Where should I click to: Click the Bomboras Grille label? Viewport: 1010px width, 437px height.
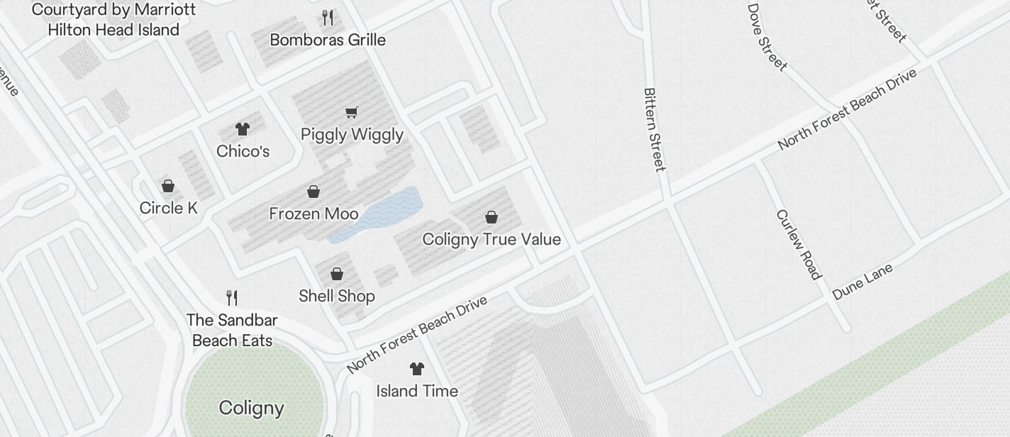click(328, 40)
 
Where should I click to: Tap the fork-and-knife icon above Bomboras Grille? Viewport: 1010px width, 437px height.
click(328, 18)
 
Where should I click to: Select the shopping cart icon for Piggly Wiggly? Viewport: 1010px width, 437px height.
click(351, 112)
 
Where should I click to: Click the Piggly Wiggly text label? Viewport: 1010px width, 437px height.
click(352, 134)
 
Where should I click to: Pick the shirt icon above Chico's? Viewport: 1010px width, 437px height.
click(243, 129)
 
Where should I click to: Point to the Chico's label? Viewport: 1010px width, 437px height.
click(243, 151)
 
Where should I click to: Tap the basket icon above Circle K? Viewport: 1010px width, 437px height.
click(168, 186)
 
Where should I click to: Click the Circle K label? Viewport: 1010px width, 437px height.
click(168, 208)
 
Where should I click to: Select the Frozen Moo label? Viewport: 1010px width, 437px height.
click(313, 214)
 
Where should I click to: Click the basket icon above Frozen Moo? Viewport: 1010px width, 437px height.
click(313, 192)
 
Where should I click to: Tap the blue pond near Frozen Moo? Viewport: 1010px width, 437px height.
click(387, 211)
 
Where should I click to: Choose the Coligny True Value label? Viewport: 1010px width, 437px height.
click(492, 239)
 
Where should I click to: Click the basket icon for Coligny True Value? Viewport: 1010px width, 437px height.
click(491, 217)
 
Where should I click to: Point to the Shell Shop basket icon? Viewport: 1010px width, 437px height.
click(337, 274)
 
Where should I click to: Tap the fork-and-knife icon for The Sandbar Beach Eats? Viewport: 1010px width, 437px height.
click(232, 297)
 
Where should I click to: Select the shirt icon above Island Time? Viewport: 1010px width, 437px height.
click(416, 369)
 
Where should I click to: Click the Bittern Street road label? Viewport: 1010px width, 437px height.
click(654, 130)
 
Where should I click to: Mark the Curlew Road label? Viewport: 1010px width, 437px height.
click(799, 244)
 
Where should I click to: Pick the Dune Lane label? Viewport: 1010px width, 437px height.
click(862, 282)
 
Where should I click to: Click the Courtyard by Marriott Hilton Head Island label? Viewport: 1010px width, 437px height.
click(113, 20)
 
